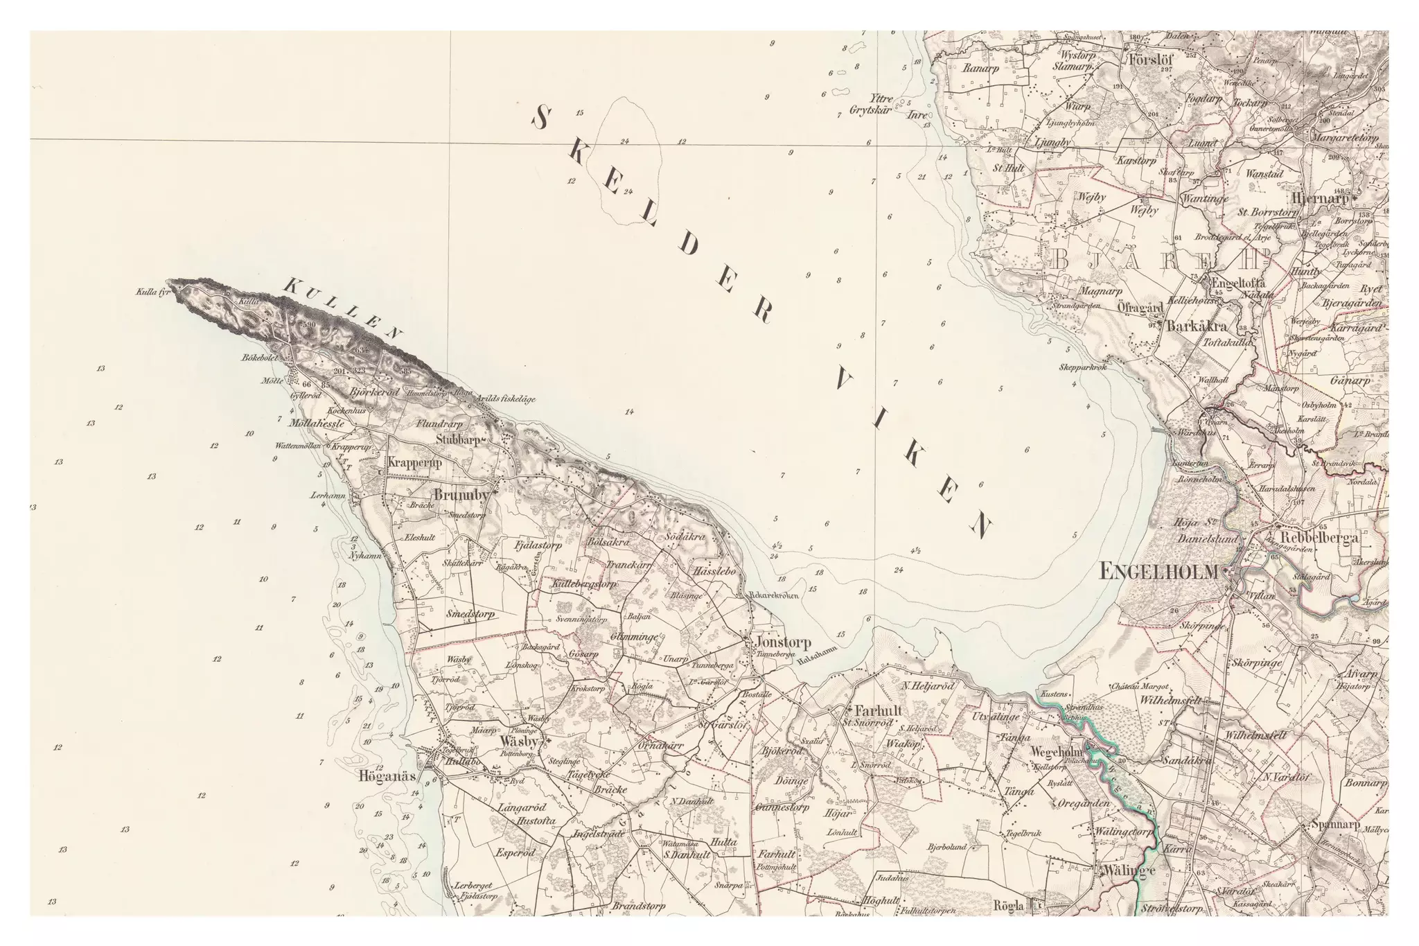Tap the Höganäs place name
(x=387, y=776)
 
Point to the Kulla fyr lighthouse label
(x=153, y=292)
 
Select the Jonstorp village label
(x=775, y=642)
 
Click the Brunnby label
(x=461, y=495)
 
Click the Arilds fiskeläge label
(x=506, y=398)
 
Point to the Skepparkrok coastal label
(x=1082, y=367)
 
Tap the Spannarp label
(x=1335, y=825)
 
